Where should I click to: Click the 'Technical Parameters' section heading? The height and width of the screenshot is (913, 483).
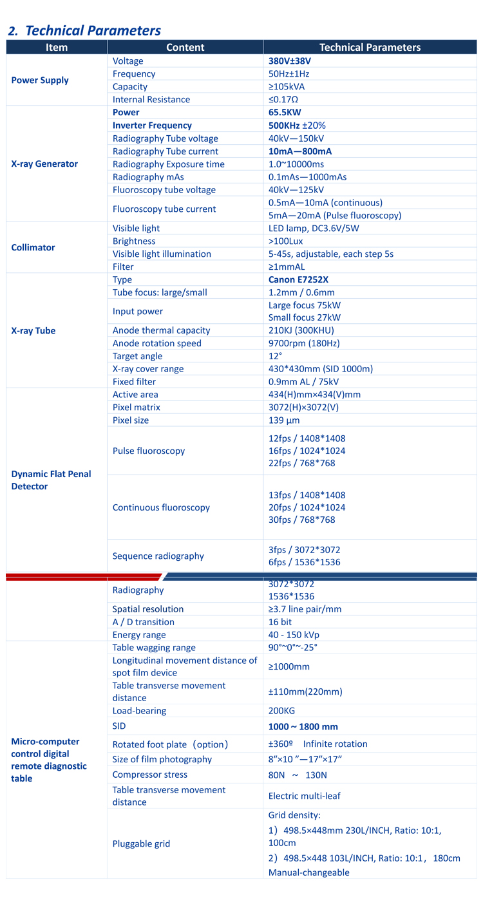point(84,30)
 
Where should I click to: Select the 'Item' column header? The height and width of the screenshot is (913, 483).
point(57,47)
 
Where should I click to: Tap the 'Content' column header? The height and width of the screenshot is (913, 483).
point(185,47)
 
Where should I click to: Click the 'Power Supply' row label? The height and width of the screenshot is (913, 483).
point(40,80)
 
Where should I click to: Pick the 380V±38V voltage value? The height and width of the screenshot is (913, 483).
point(294,61)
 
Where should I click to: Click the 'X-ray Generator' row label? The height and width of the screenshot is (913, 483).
point(44,164)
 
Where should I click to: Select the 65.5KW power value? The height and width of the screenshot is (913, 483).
point(285,113)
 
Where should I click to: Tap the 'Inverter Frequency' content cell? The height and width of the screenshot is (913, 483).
point(152,126)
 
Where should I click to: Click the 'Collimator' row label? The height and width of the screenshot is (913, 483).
point(33,248)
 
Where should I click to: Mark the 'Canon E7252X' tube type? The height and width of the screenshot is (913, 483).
point(298,280)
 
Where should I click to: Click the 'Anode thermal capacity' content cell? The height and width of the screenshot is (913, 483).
point(161,330)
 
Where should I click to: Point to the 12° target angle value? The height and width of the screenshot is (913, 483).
point(275,356)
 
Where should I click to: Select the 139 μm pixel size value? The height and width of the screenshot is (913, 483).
point(284,420)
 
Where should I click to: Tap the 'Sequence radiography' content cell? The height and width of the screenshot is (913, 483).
point(158,556)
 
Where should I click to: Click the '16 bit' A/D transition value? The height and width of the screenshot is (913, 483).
point(280,622)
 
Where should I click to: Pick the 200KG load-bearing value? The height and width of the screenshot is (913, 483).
point(281,711)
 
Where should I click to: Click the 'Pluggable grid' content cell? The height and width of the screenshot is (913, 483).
point(141,843)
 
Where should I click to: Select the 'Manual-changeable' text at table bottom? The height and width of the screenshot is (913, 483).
point(308,872)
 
